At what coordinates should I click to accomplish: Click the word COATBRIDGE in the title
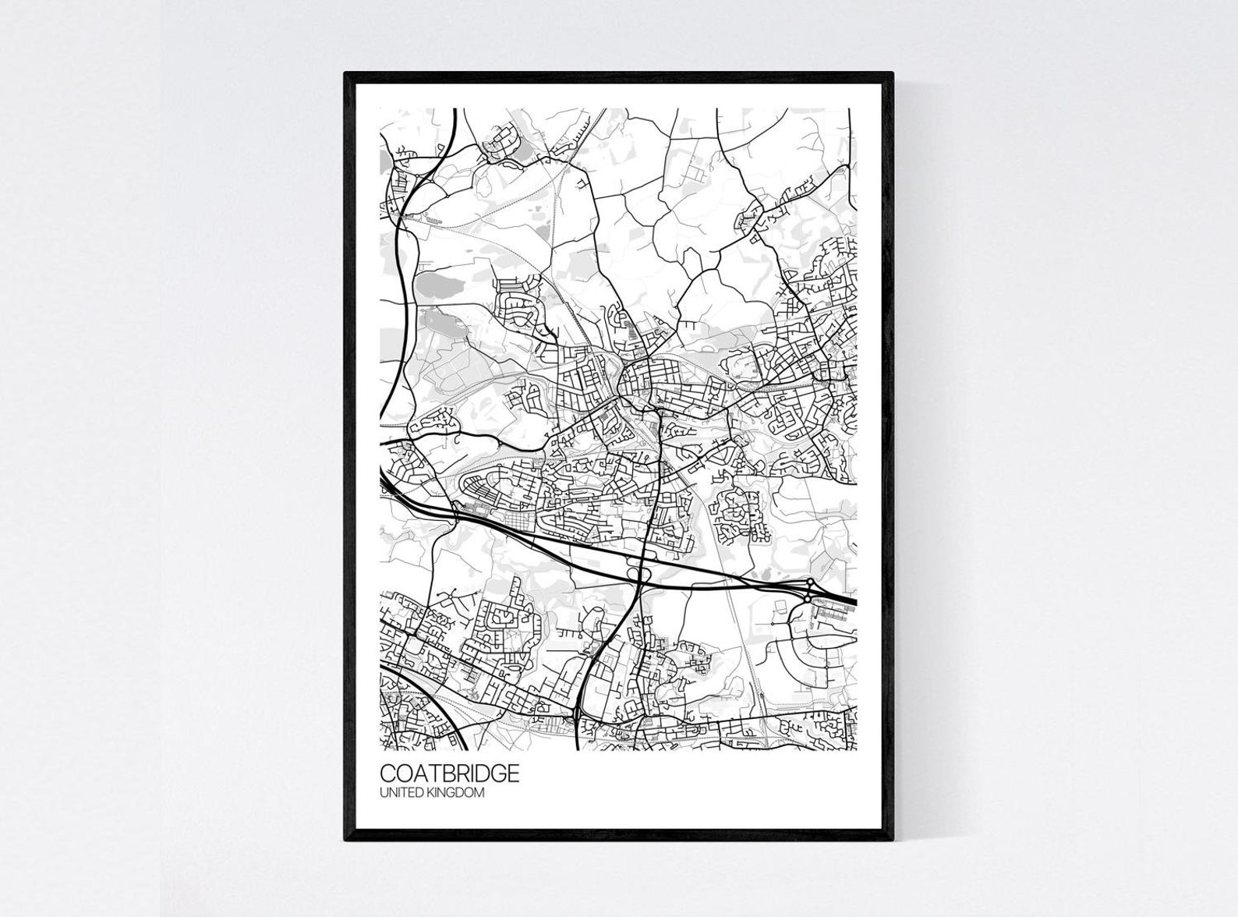(449, 774)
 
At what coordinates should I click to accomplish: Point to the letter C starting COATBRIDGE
(386, 774)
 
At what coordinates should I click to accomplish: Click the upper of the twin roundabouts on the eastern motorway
(811, 582)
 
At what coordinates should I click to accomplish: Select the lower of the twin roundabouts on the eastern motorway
(806, 599)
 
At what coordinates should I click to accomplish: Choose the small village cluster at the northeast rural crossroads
(760, 214)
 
